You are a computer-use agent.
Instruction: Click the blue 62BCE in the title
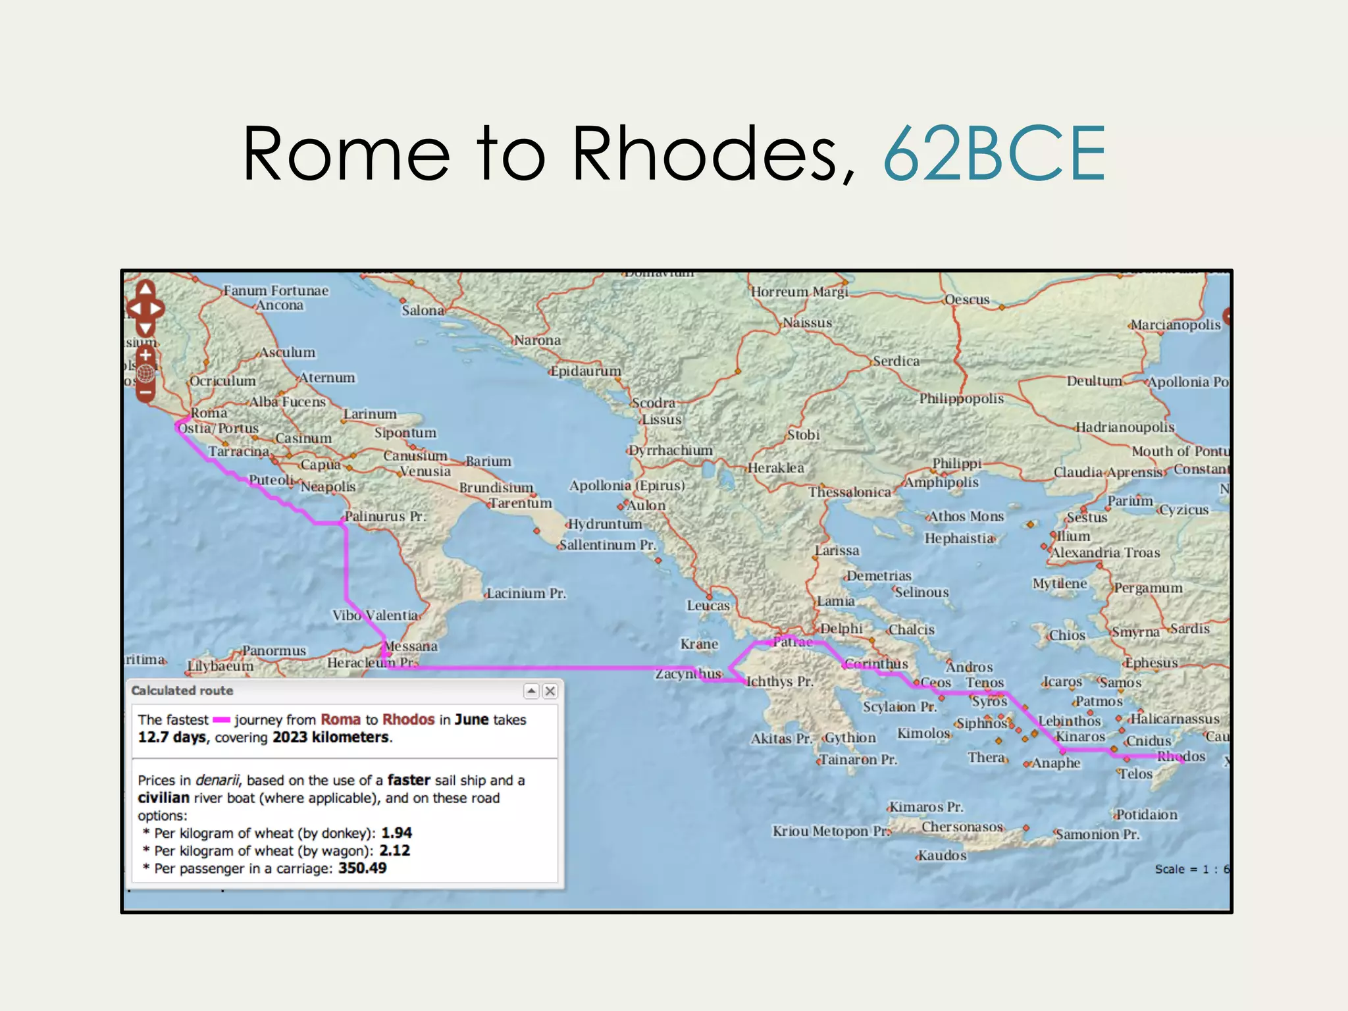point(994,154)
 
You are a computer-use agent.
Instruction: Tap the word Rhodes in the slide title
point(713,154)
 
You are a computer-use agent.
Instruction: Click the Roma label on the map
point(209,413)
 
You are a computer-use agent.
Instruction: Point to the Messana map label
point(411,646)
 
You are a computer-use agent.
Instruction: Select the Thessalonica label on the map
point(849,492)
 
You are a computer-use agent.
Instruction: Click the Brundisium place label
point(496,487)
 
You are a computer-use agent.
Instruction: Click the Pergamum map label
point(1149,587)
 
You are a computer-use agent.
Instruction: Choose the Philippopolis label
point(962,398)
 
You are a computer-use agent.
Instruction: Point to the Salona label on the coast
point(423,310)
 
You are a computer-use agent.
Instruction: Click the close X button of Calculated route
point(550,691)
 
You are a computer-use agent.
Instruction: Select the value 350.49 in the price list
point(363,868)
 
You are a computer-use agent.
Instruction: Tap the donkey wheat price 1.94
point(397,833)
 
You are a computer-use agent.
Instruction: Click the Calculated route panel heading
point(182,690)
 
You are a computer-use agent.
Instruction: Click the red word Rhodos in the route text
point(408,719)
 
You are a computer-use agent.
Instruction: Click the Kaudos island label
point(942,856)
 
